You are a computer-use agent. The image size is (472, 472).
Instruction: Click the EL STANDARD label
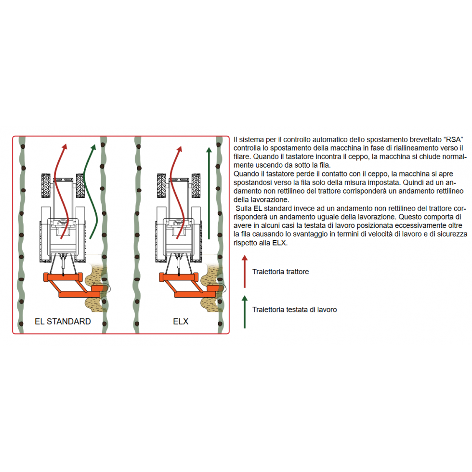(x=63, y=322)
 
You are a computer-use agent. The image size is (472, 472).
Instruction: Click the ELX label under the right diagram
(x=181, y=322)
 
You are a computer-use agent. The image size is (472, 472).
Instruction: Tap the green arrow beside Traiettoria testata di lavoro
(x=245, y=312)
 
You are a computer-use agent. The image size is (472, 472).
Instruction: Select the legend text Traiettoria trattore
(x=280, y=272)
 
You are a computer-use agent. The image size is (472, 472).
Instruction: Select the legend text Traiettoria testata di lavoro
(x=294, y=309)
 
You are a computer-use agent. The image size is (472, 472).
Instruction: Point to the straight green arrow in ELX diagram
(x=209, y=193)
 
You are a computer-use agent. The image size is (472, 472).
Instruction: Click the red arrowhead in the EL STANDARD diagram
(x=64, y=147)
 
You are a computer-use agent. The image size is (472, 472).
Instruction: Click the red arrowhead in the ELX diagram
(x=180, y=149)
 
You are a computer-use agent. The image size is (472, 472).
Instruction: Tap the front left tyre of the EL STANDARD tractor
(x=46, y=186)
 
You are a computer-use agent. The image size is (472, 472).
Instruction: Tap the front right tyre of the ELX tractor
(x=196, y=186)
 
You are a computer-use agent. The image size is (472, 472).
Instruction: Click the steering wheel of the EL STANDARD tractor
(x=63, y=223)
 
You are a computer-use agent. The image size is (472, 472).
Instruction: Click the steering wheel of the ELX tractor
(x=179, y=223)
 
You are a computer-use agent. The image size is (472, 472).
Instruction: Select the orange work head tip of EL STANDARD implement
(x=99, y=288)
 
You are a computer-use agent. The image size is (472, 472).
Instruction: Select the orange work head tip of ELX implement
(x=215, y=288)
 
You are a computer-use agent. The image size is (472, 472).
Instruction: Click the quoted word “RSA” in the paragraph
(x=453, y=140)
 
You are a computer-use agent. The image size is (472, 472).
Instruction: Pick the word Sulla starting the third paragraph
(x=244, y=208)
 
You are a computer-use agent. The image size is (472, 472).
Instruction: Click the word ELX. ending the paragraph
(x=280, y=243)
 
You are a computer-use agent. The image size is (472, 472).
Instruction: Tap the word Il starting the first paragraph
(x=236, y=140)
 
